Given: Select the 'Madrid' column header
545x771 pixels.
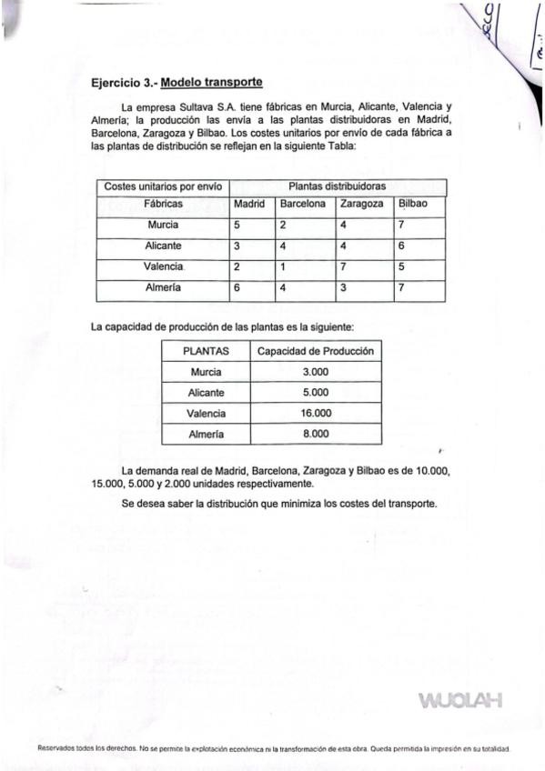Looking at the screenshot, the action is (x=249, y=204).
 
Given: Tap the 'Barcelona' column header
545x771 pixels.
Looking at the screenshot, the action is (x=302, y=204).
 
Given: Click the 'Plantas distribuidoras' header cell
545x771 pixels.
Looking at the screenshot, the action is (x=336, y=186).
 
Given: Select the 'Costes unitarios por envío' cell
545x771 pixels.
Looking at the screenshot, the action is (x=163, y=186).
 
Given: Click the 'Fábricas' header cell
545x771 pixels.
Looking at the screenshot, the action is (x=163, y=204).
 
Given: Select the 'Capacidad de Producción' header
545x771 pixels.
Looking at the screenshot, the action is (x=316, y=351).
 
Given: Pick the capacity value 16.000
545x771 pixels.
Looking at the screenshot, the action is (x=316, y=413).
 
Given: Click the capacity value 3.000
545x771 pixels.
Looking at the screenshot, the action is (x=316, y=372).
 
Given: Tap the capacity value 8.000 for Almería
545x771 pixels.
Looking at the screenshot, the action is (x=316, y=434).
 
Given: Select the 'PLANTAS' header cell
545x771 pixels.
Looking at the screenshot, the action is (x=206, y=351).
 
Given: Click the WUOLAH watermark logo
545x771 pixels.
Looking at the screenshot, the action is (x=459, y=700).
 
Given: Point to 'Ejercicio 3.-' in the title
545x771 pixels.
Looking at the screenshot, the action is (x=124, y=84).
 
